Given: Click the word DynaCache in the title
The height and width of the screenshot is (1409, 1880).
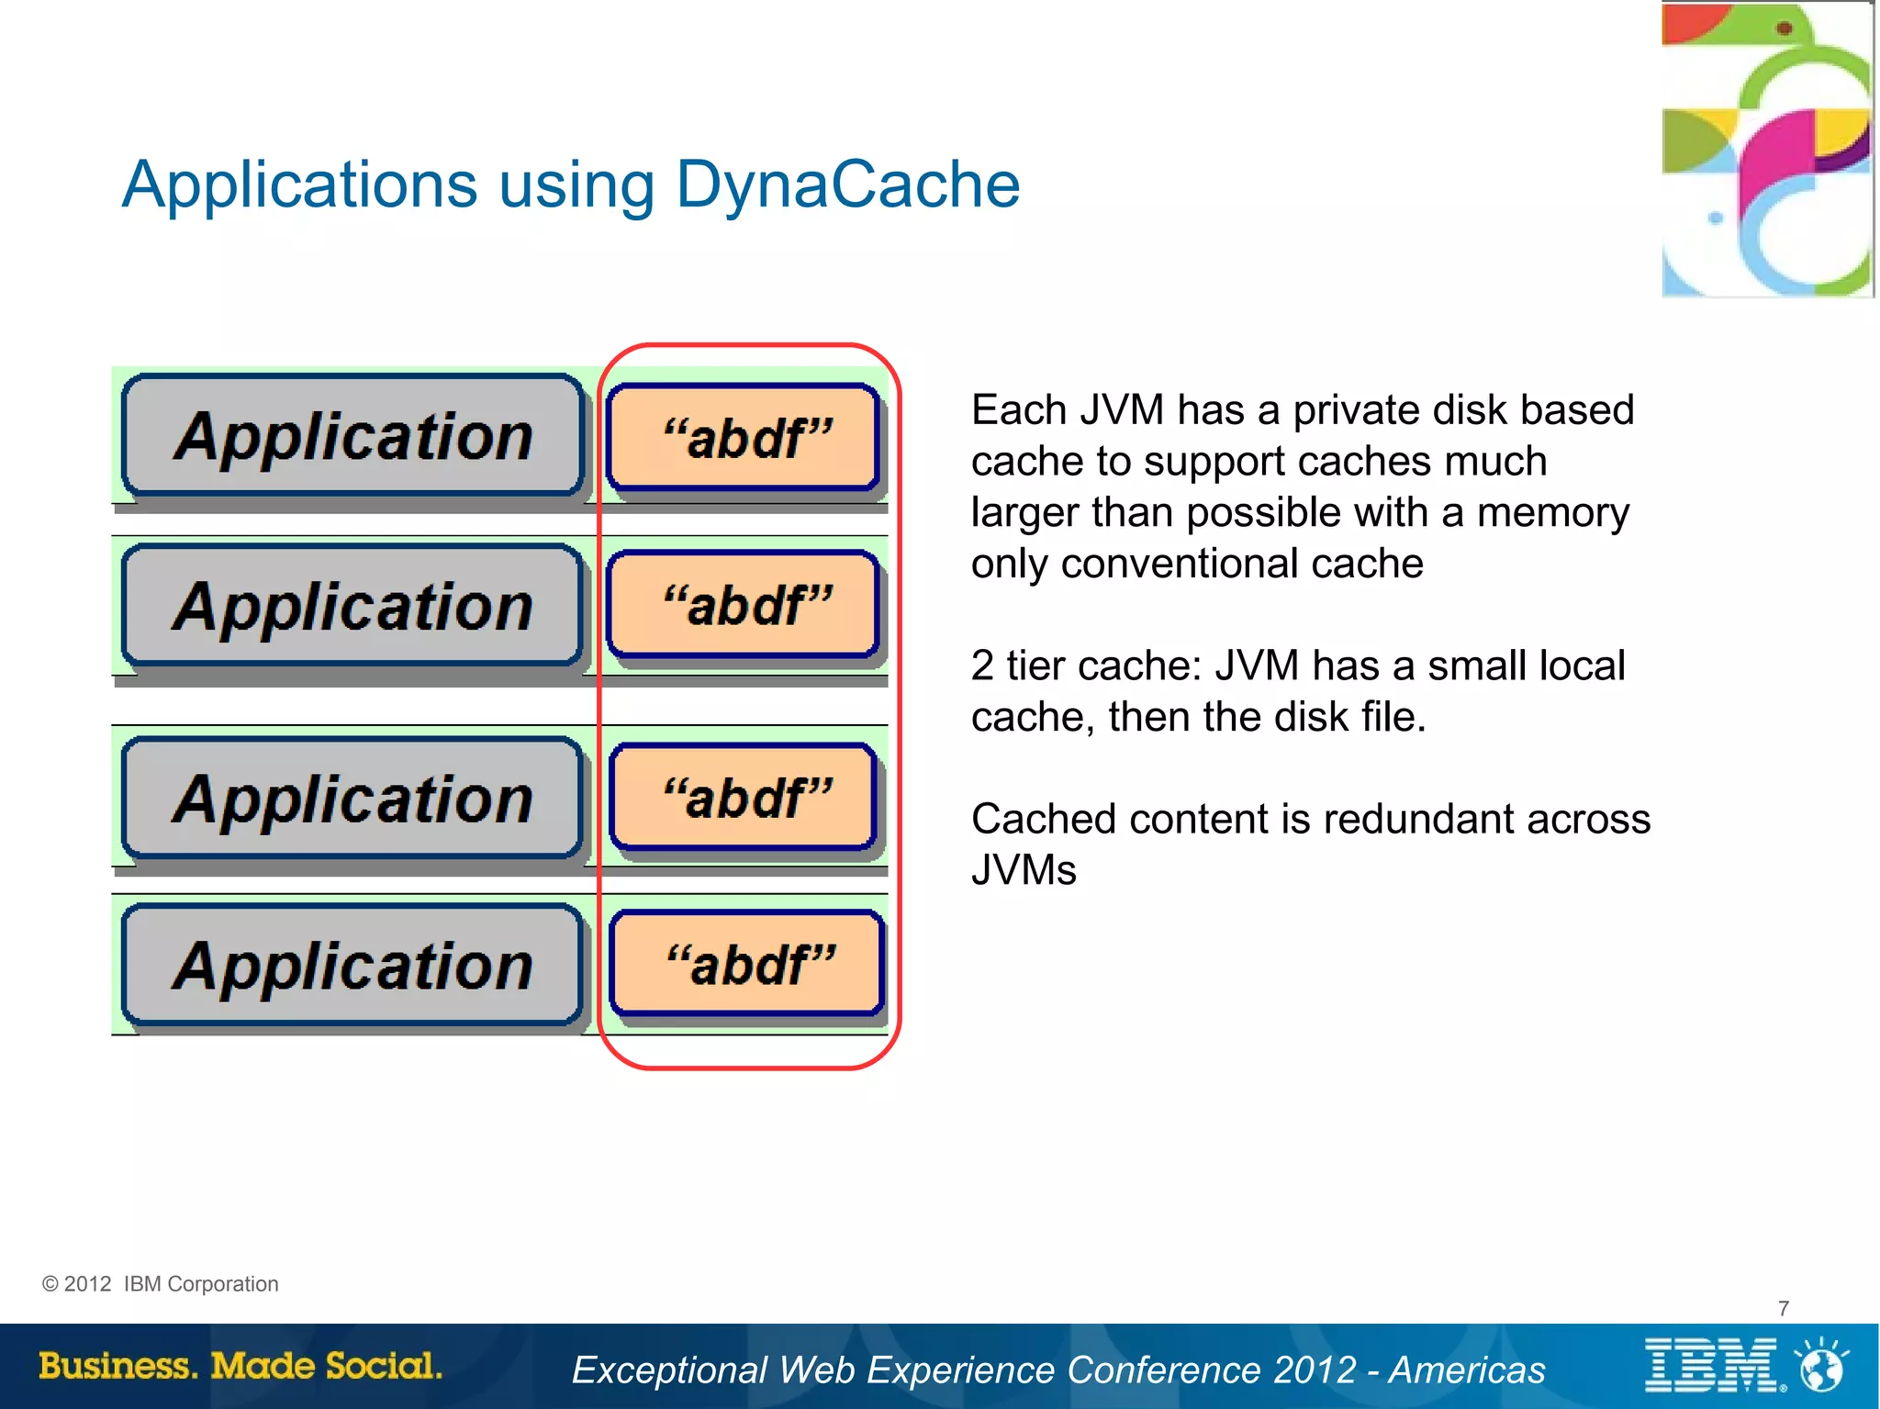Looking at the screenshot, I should point(846,185).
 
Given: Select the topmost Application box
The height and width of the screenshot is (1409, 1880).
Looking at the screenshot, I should point(352,435).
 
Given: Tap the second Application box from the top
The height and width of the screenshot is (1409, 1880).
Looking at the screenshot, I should point(352,606).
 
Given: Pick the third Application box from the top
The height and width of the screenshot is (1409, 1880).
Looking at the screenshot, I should point(352,798).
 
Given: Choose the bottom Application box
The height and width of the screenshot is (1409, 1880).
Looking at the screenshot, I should point(352,965).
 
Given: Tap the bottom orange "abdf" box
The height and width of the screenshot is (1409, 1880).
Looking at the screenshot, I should point(747,964).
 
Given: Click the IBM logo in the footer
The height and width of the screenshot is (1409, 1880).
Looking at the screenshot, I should point(1712,1366).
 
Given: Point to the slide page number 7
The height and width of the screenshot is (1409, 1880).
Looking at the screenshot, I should point(1783,1308).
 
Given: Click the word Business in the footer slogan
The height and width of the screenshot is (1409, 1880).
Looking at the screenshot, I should point(117,1366).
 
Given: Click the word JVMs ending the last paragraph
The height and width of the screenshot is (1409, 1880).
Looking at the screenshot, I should point(1023,870).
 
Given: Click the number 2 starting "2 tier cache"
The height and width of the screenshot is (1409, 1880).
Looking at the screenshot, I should point(981,665).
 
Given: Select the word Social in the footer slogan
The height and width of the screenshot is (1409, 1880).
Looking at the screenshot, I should point(383,1366).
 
